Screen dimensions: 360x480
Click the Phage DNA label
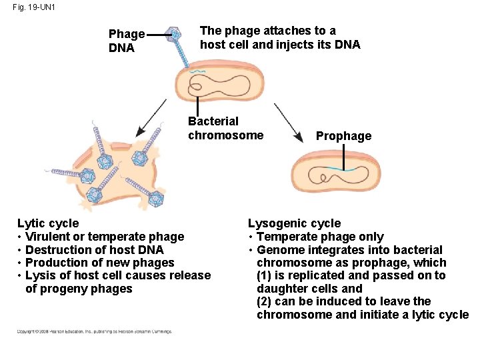(126, 41)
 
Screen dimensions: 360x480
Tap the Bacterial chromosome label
(225, 128)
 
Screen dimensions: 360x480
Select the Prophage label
(343, 136)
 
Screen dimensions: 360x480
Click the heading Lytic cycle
(48, 223)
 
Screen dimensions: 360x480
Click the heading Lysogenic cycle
(294, 223)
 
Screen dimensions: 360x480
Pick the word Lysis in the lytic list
(39, 275)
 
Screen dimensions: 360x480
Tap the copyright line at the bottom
(94, 331)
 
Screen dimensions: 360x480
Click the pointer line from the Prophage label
(344, 157)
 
